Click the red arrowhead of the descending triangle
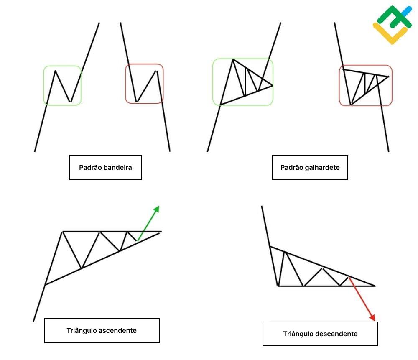click(372, 317)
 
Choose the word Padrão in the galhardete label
click(291, 168)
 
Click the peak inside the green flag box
click(55, 71)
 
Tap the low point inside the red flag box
click(136, 102)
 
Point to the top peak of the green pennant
click(233, 59)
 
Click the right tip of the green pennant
click(272, 86)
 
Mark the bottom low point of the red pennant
click(351, 104)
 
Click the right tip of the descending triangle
click(375, 286)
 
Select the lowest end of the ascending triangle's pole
click(33, 321)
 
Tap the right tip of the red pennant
click(388, 77)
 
